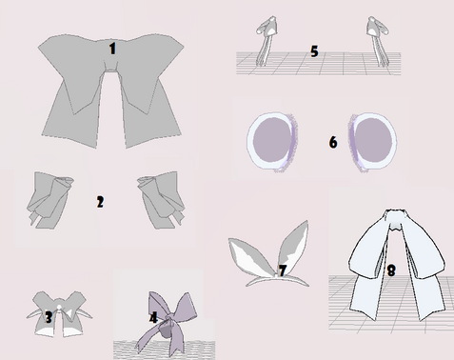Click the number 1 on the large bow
(112, 49)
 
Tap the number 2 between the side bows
(100, 202)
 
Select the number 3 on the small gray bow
(49, 317)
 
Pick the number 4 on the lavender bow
(153, 317)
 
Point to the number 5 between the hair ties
(314, 51)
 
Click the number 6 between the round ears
(333, 142)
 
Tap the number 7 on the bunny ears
(282, 270)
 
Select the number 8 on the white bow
(391, 270)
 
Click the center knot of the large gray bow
(111, 66)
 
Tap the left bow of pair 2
(49, 200)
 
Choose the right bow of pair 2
(161, 200)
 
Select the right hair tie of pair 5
(378, 41)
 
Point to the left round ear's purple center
(272, 140)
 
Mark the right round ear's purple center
(373, 140)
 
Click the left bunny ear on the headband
(252, 256)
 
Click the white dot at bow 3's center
(59, 308)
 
